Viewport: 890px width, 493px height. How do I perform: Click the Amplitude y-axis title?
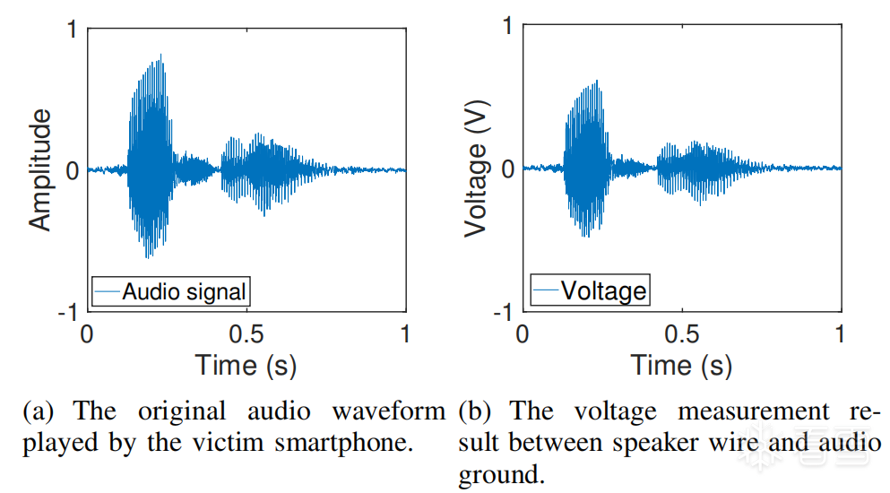[x=40, y=170]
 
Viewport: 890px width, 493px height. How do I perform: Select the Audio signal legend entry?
[x=184, y=291]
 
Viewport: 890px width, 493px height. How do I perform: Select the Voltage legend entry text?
[x=603, y=290]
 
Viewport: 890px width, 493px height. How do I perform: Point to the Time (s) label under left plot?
[x=246, y=365]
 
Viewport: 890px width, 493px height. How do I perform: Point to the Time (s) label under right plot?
[x=681, y=365]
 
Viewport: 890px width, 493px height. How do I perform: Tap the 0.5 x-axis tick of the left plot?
[x=246, y=334]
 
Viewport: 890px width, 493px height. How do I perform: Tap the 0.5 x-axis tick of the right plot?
[x=682, y=334]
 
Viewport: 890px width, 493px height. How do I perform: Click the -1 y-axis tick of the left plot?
[x=66, y=312]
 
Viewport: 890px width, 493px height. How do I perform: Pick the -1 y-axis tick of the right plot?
[x=502, y=312]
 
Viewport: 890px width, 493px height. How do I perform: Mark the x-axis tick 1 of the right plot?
[x=841, y=334]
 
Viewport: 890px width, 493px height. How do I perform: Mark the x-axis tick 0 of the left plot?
[x=87, y=334]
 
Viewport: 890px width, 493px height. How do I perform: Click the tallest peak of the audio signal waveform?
[x=161, y=56]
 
